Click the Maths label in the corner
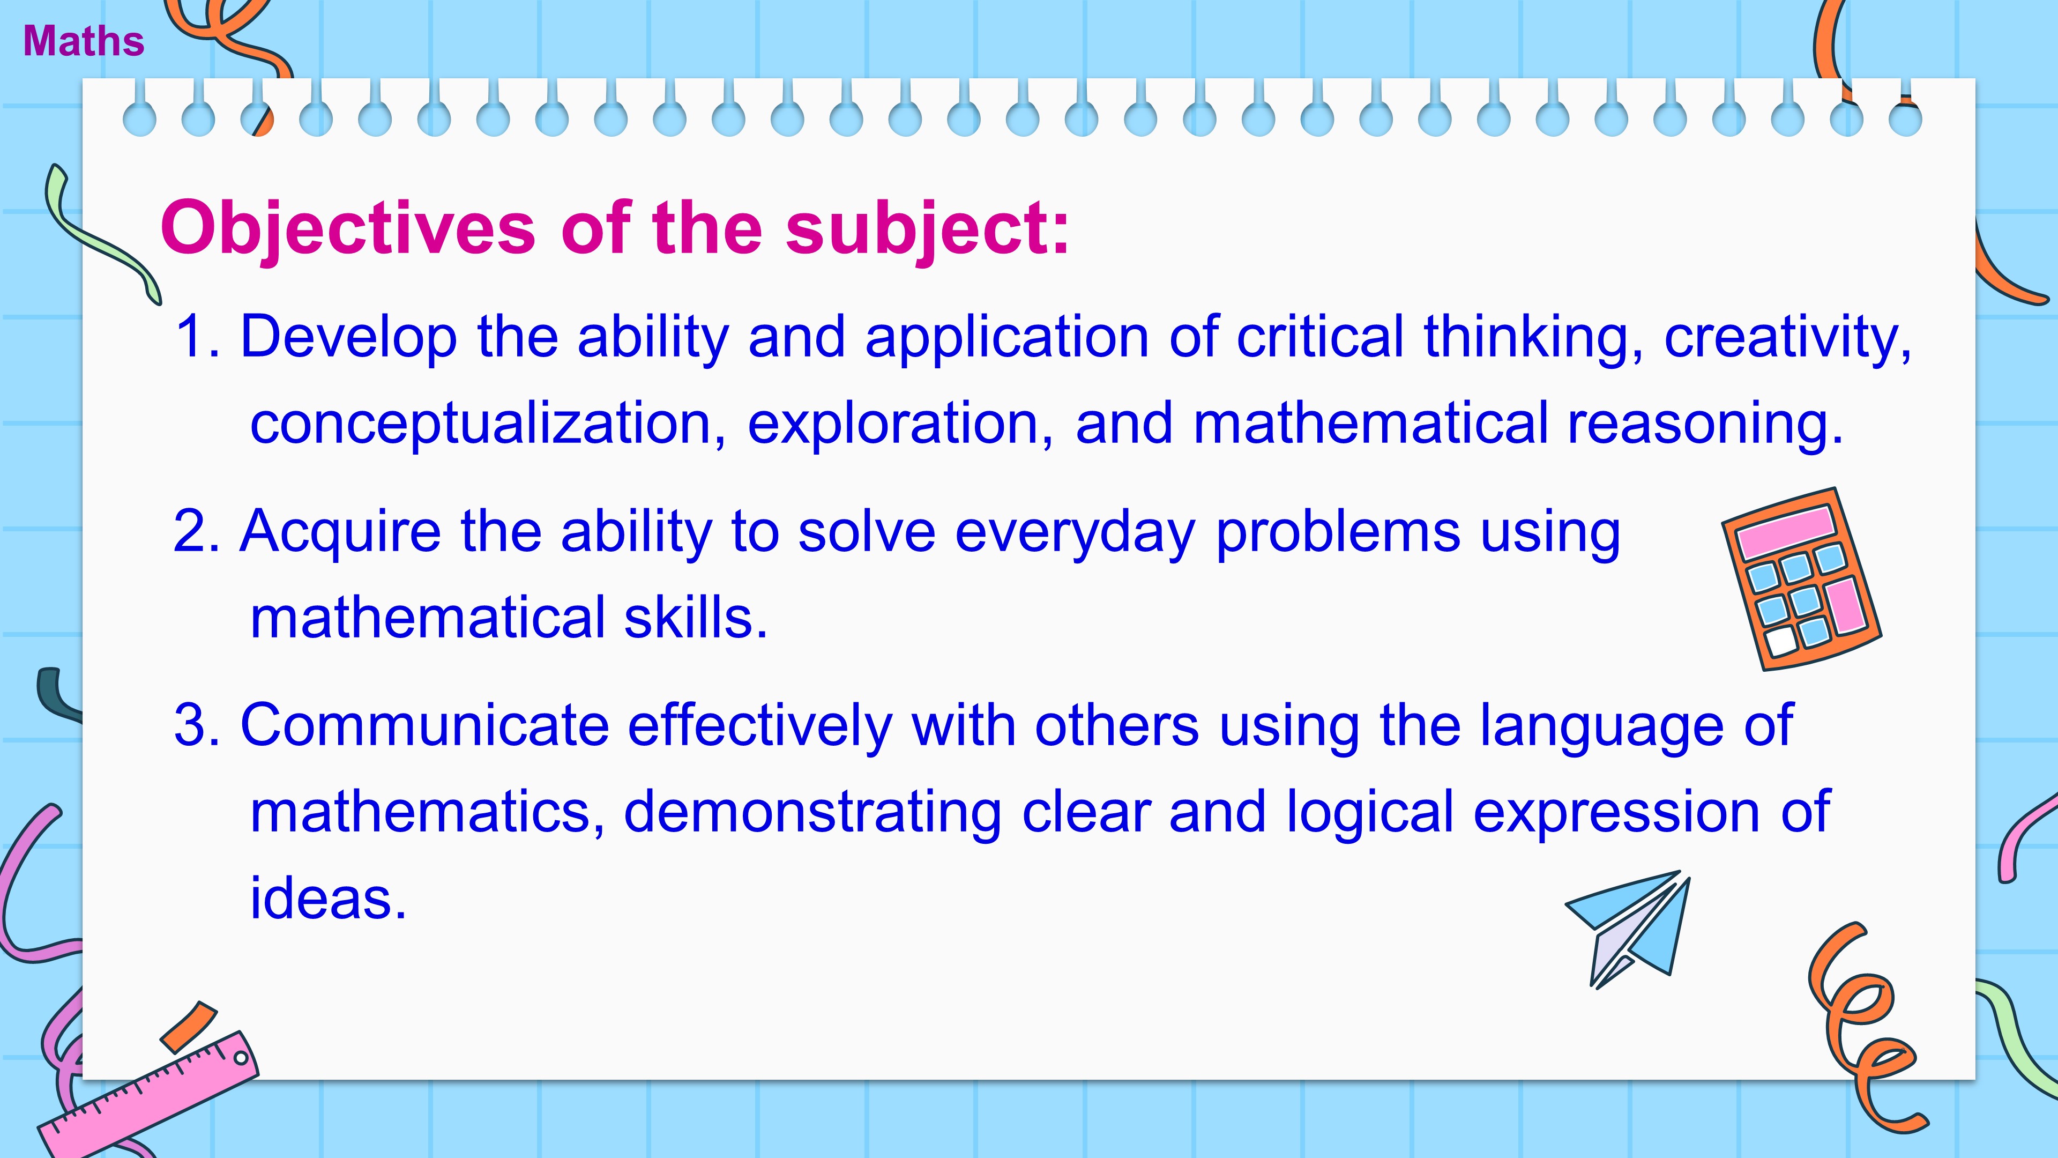pos(84,42)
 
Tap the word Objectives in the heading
pos(348,229)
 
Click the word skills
pos(695,618)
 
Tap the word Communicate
pos(425,726)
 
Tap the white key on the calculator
pos(1781,641)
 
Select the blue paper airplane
pos(1630,927)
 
